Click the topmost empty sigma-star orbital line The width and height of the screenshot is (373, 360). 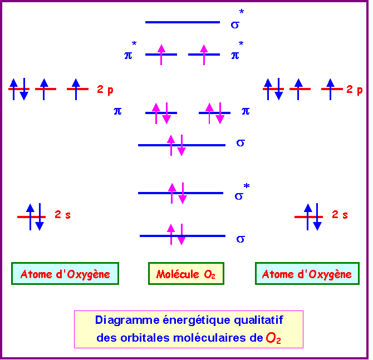(x=183, y=22)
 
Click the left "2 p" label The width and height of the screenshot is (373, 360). (x=105, y=89)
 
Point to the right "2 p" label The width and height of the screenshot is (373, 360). (x=354, y=89)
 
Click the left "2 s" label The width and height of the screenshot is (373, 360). (x=62, y=214)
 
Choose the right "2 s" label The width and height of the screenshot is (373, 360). (x=340, y=214)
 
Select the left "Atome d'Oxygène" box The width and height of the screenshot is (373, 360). (x=65, y=274)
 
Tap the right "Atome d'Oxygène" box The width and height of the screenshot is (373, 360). (x=307, y=274)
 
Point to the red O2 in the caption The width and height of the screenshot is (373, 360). (x=273, y=338)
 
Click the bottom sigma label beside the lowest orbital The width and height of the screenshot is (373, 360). (x=241, y=239)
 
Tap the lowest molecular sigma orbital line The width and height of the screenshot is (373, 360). (x=182, y=236)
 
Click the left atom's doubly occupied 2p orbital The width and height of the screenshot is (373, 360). (x=19, y=88)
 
